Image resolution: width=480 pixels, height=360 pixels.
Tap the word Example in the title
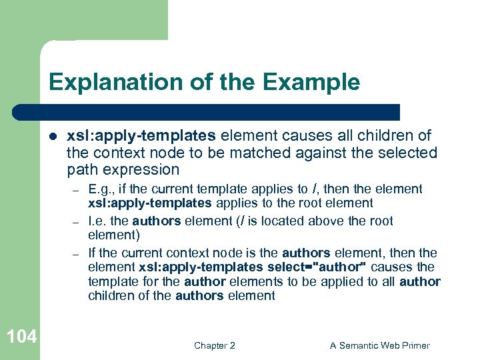point(312,83)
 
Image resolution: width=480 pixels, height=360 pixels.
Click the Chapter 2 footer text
point(214,345)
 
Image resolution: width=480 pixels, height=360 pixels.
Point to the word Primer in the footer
point(415,345)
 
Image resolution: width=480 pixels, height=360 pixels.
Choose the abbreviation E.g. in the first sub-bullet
point(100,189)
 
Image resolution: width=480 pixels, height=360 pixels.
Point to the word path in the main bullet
point(81,169)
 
